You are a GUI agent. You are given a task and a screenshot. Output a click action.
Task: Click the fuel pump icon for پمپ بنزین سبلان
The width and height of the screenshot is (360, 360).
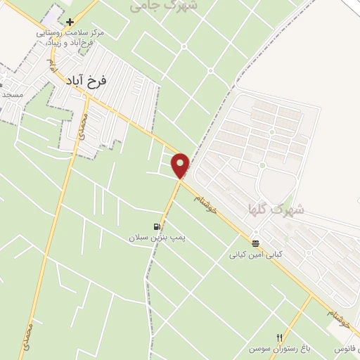click(156, 226)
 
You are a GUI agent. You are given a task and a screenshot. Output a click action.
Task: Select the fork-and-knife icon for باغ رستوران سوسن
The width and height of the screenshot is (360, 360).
click(280, 337)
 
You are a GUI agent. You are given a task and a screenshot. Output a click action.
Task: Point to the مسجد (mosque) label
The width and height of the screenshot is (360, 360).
click(12, 94)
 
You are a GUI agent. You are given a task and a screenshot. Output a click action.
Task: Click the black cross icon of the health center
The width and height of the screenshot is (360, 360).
click(70, 22)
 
